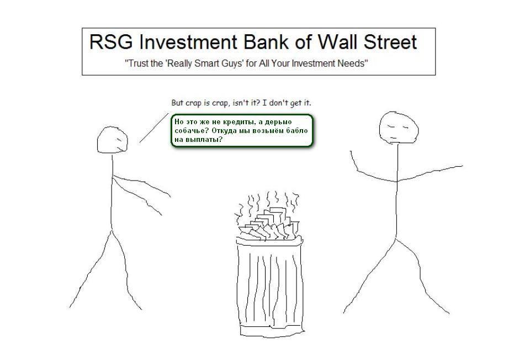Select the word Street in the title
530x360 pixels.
[390, 42]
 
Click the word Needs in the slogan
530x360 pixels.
[355, 63]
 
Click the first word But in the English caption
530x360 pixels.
[177, 102]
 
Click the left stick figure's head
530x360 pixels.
[113, 140]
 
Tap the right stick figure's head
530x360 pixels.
[399, 128]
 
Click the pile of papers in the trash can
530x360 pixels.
[269, 224]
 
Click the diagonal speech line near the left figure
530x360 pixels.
[154, 128]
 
